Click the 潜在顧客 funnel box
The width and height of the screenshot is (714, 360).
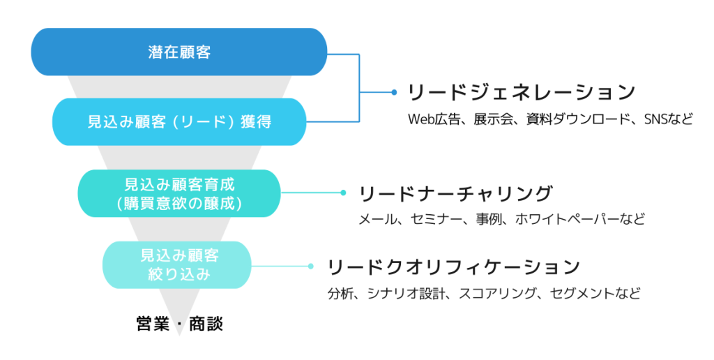click(179, 52)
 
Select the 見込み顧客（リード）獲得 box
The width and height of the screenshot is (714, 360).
click(179, 121)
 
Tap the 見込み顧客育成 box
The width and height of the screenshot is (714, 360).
click(179, 193)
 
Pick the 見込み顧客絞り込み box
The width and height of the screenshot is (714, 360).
click(177, 264)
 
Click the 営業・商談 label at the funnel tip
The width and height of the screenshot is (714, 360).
click(180, 324)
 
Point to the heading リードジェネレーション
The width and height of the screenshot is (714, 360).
click(521, 93)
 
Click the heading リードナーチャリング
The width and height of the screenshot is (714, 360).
click(456, 194)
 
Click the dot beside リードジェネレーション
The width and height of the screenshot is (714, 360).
click(394, 93)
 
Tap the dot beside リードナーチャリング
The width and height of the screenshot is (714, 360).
click(343, 193)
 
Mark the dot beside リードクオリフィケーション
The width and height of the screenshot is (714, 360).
click(310, 266)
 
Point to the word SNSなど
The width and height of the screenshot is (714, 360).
click(669, 119)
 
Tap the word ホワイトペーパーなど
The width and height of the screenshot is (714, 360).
click(581, 219)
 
